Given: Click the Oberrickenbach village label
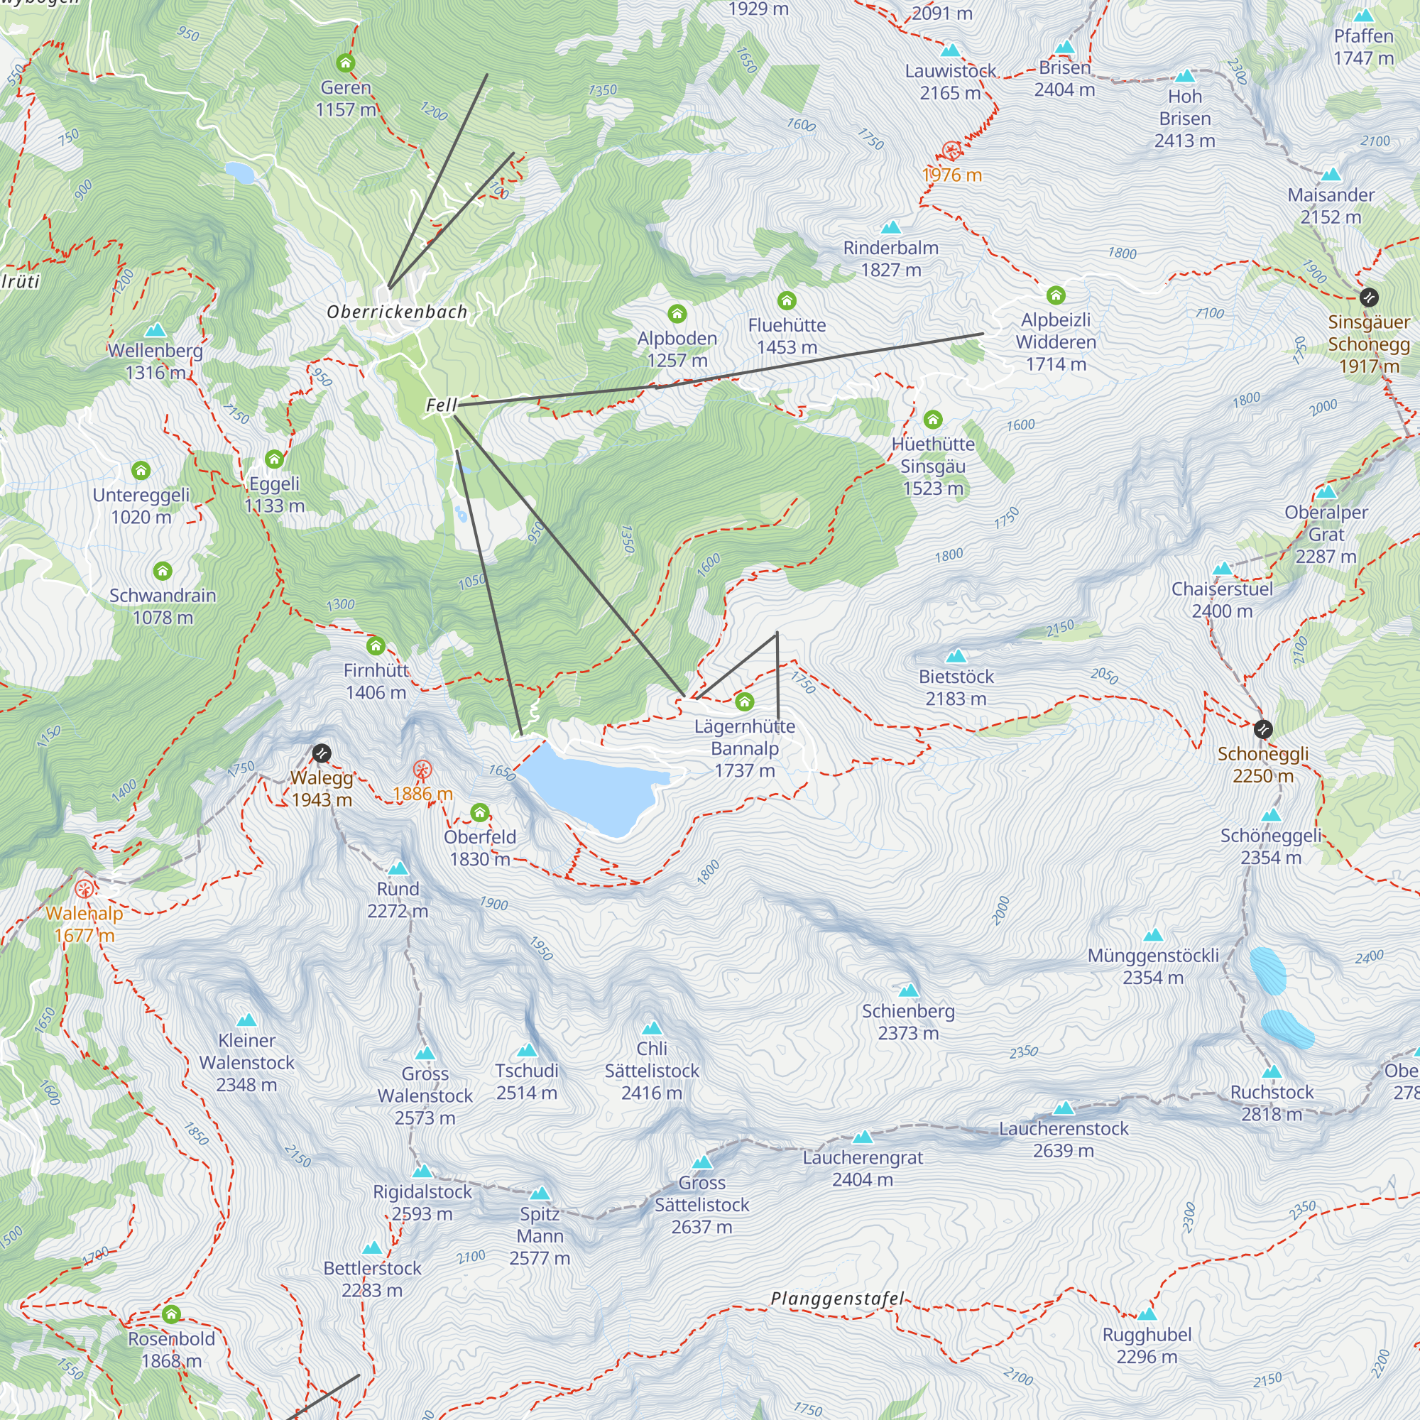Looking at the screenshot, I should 397,312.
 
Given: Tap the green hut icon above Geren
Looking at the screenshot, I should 346,62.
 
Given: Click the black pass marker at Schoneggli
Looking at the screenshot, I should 1262,729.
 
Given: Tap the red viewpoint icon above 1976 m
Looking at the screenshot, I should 952,151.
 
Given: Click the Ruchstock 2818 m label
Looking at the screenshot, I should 1272,1103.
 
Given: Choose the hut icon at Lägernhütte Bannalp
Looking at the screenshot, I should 745,702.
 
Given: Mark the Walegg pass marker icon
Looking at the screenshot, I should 321,753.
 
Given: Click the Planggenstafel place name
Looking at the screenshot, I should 837,1299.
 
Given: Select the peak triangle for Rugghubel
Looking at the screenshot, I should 1147,1314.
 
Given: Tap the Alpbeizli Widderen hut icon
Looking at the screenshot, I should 1056,295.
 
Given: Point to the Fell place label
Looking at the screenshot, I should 441,405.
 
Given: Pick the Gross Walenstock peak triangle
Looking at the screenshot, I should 425,1054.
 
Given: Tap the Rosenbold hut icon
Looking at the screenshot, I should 171,1314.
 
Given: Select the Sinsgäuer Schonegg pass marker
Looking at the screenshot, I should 1369,297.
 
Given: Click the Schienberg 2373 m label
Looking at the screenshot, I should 909,1022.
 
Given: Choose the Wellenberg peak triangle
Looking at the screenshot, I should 155,330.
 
